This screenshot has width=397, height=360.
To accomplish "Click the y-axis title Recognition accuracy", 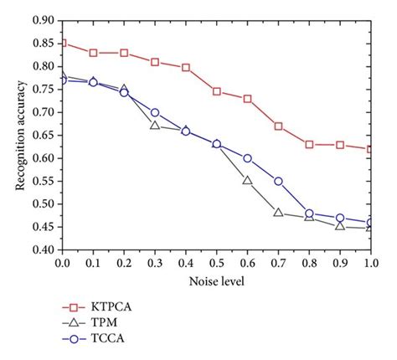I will pos(19,134).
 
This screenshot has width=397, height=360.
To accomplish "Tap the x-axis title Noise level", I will pos(217,282).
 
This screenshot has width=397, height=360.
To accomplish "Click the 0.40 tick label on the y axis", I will pos(45,250).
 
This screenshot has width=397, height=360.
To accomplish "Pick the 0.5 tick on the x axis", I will pos(217,264).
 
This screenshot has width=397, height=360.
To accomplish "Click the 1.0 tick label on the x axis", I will pos(371,264).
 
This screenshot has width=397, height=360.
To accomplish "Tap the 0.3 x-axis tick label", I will pos(155,264).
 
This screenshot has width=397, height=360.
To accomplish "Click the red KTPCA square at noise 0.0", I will pos(63,43).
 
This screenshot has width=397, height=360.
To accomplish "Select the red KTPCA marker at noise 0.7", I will pos(278,126).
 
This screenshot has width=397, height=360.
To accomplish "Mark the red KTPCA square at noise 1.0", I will pos(370,149).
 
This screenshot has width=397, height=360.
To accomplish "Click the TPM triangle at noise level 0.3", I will pos(155,125).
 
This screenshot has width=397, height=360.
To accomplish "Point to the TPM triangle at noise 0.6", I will pos(247,180).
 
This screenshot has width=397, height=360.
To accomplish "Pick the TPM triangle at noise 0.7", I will pos(278,213).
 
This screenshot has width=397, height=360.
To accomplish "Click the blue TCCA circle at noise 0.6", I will pos(247,158).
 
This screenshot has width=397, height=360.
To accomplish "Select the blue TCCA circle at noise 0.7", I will pos(278,181).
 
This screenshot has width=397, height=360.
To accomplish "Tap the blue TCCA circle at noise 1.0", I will pos(370,223).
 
